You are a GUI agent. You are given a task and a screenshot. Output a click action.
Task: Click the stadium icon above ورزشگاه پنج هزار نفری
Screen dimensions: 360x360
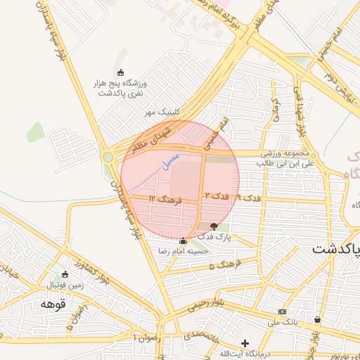(120, 72)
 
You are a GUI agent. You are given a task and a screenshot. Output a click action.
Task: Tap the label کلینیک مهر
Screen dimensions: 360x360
(163, 112)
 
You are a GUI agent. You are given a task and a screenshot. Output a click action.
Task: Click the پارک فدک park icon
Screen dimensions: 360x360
(214, 226)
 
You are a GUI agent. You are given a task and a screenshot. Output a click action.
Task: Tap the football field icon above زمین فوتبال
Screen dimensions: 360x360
(65, 274)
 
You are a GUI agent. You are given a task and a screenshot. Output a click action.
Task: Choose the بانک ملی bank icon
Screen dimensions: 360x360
(282, 311)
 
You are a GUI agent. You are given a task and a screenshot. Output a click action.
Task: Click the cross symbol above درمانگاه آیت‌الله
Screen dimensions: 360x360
(245, 343)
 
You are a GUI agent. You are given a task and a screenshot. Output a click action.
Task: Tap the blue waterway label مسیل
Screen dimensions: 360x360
(171, 160)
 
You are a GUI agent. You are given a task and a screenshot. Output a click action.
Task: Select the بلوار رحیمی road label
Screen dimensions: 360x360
(208, 304)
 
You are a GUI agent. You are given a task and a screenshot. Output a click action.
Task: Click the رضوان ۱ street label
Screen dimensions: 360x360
(147, 338)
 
